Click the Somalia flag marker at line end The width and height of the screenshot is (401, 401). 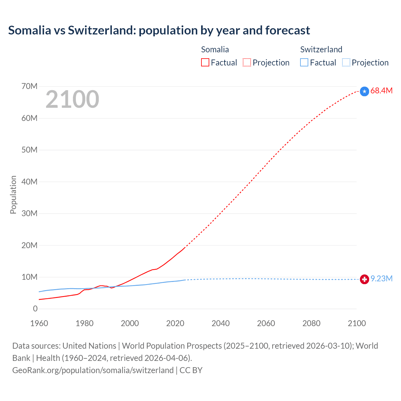point(364,91)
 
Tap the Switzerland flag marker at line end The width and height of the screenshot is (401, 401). point(364,279)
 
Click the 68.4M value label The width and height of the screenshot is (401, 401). point(381,91)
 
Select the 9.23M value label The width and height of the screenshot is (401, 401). point(381,279)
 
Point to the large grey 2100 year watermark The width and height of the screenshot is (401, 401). point(72,100)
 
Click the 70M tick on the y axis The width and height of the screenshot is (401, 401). point(29,86)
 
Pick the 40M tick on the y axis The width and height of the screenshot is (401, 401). point(29,182)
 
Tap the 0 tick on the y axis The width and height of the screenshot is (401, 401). point(35,309)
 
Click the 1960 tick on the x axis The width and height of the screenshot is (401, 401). point(39,323)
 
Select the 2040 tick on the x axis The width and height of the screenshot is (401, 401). point(221,323)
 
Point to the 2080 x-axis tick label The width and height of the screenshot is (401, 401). point(311,323)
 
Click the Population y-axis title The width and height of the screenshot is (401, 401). point(13,195)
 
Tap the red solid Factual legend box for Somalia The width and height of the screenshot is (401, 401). point(205,63)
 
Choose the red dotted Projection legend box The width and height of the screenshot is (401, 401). point(247,63)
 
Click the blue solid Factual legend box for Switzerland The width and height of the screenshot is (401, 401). point(304,63)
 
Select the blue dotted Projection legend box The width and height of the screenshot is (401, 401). point(346,63)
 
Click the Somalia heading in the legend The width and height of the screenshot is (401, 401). point(215,49)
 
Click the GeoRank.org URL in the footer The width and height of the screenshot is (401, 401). point(93,370)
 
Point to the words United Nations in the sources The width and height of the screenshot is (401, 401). point(89,346)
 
